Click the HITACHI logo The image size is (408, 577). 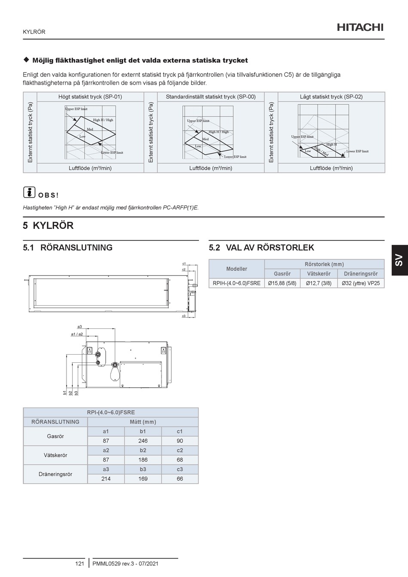click(360, 27)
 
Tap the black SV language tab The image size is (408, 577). click(400, 260)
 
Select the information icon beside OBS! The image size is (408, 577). click(29, 192)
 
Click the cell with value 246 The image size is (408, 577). click(143, 441)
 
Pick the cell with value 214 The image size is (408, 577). click(106, 479)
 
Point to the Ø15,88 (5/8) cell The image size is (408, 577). click(282, 283)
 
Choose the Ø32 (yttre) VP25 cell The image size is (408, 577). click(361, 283)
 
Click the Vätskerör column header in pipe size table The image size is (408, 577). click(319, 273)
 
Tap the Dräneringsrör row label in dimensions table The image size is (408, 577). click(55, 474)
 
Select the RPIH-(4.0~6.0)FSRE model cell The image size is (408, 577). click(237, 283)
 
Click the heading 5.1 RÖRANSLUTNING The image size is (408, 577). click(68, 247)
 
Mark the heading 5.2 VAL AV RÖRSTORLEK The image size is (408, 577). click(262, 247)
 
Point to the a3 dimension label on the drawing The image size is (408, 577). click(79, 327)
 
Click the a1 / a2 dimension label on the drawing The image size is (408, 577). click(77, 334)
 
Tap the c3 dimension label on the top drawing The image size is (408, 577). click(184, 316)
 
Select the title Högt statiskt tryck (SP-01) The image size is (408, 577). click(90, 97)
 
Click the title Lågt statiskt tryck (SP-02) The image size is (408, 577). click(331, 97)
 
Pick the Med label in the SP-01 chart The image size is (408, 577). click(90, 129)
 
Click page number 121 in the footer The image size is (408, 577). click(79, 563)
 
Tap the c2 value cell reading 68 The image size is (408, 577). click(180, 460)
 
